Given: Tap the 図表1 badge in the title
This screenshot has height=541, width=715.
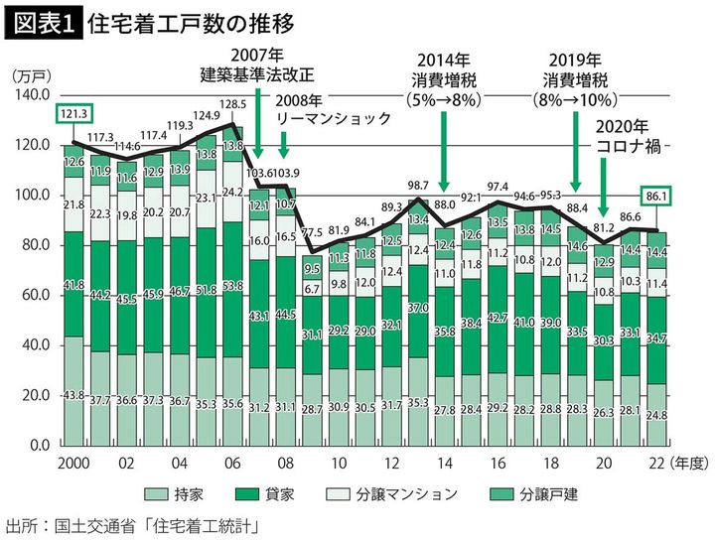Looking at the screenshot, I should pos(41,22).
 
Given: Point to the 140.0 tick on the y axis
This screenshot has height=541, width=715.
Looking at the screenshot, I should pos(33,95).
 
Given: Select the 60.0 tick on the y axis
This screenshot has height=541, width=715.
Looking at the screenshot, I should pos(36,295).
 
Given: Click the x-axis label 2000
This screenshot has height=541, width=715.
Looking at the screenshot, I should pos(74,463).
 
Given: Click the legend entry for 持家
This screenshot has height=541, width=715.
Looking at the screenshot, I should pos(184,493).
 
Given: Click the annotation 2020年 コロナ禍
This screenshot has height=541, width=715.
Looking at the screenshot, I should pos(632,136).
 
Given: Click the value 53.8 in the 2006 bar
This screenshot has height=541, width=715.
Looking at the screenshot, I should pos(232,286).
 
